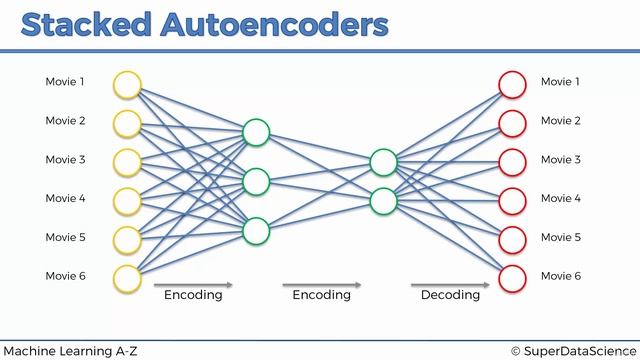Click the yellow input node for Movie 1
(127, 83)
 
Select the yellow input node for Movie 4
(127, 199)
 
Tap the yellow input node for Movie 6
(127, 276)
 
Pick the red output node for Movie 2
(512, 122)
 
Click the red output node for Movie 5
(512, 238)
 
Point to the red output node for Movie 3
(512, 160)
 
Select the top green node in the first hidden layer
(256, 132)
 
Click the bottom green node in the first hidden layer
(256, 230)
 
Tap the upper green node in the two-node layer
(383, 162)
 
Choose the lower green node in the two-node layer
(383, 201)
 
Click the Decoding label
(450, 295)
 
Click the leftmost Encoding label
(193, 295)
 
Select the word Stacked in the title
(88, 24)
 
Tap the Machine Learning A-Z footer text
(69, 350)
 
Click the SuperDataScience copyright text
(572, 350)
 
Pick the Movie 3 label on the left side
(65, 160)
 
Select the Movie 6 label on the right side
(561, 276)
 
